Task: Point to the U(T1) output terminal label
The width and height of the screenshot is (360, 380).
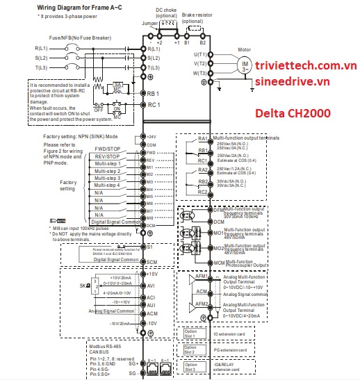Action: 200,53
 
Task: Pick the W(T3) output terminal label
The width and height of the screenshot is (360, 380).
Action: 200,73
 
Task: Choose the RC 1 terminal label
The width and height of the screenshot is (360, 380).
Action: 155,105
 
